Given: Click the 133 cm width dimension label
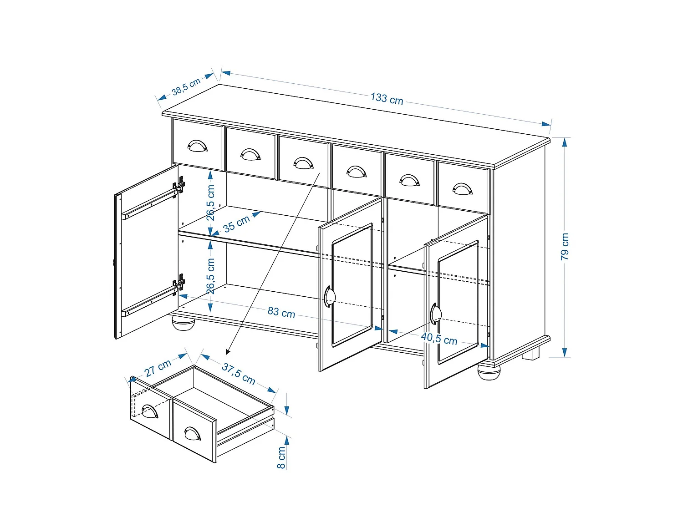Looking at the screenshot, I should [x=387, y=98].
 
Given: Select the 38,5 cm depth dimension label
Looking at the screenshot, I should [x=186, y=86].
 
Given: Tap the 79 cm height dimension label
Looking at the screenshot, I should [x=565, y=246].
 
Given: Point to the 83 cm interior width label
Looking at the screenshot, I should [x=281, y=312].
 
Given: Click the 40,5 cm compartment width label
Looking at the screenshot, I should [x=439, y=339].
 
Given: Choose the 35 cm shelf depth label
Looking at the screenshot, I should [x=236, y=223].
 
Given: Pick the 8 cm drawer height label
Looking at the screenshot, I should [x=281, y=457].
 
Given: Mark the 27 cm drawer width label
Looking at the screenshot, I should [x=158, y=368].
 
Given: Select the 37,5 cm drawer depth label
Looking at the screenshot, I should [x=239, y=373].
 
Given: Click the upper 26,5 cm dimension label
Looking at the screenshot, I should [x=210, y=203].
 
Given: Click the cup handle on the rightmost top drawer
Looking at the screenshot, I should [x=462, y=188].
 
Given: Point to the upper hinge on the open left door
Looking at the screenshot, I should [x=179, y=186].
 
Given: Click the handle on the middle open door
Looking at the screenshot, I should [x=329, y=297].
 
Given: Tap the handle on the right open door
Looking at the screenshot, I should [x=435, y=314].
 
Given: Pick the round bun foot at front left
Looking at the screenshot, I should [x=183, y=323].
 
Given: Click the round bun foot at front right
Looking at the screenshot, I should [x=489, y=372].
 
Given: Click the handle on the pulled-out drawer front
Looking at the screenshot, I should [x=193, y=433].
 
